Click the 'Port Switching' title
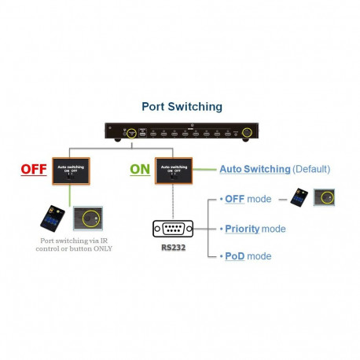click(x=182, y=106)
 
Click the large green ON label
click(x=139, y=168)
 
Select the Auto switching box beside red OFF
click(x=73, y=171)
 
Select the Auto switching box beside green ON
click(x=176, y=171)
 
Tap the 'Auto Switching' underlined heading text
click(x=254, y=169)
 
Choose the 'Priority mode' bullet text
click(x=254, y=229)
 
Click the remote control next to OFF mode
click(x=299, y=198)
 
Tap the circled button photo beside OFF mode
click(x=326, y=197)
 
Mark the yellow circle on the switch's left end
click(x=133, y=133)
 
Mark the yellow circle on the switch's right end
click(x=248, y=133)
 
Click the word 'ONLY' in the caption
click(x=100, y=248)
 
